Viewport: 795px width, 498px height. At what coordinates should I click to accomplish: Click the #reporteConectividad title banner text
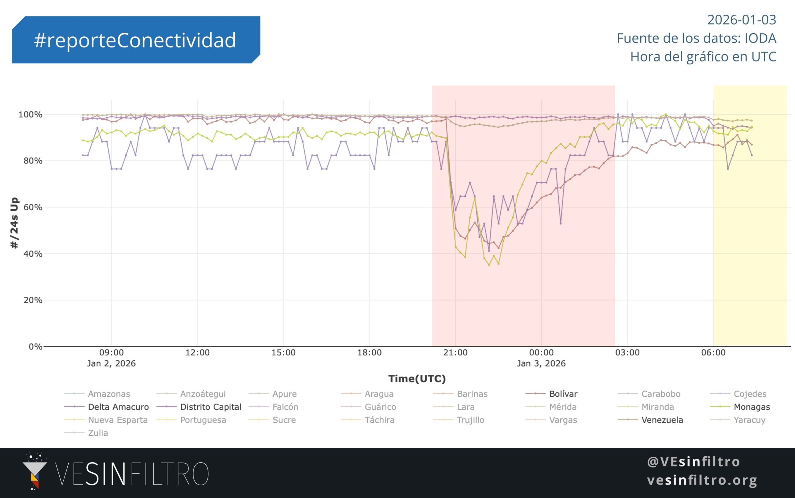[x=135, y=40]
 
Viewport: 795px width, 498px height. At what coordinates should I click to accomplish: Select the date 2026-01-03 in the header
[x=741, y=20]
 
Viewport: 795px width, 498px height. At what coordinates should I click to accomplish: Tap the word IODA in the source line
[x=761, y=39]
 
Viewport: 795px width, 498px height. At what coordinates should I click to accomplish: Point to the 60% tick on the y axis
[x=33, y=208]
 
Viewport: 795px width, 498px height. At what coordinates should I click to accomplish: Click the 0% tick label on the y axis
[x=35, y=346]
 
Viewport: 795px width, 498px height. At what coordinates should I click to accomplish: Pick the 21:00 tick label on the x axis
[x=455, y=353]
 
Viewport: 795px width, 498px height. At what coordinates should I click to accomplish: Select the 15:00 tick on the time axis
[x=284, y=353]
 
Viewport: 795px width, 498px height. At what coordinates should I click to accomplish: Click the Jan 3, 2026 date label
[x=541, y=363]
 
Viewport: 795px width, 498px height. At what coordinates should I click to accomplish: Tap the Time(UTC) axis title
[x=417, y=379]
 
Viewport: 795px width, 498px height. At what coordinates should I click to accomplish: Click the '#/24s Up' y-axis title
[x=15, y=223]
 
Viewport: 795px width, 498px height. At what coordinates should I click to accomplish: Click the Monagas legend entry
[x=752, y=407]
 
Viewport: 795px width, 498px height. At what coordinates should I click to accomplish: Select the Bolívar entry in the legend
[x=563, y=394]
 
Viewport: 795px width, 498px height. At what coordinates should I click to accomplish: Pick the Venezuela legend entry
[x=662, y=420]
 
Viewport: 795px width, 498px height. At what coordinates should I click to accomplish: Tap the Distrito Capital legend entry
[x=211, y=407]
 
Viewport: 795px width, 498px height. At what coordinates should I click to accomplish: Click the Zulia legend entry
[x=98, y=433]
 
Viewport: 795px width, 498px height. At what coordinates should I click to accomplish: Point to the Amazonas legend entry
[x=109, y=394]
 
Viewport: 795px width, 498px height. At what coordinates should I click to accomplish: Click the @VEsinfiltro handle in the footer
[x=693, y=462]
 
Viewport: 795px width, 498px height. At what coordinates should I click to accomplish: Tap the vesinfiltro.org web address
[x=702, y=480]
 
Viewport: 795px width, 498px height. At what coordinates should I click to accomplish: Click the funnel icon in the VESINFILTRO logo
[x=34, y=471]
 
